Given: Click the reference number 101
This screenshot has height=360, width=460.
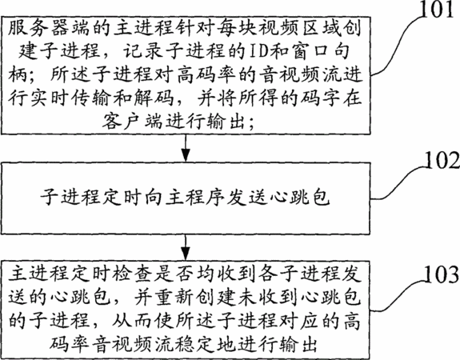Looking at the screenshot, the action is click(x=437, y=10).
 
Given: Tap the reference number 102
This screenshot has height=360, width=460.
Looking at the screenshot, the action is click(x=442, y=160).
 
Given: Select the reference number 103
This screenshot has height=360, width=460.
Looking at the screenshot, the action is click(x=442, y=274).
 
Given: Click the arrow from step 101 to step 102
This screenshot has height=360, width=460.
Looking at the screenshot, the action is click(x=186, y=148).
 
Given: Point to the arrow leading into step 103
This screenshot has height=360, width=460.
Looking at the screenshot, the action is click(x=186, y=247).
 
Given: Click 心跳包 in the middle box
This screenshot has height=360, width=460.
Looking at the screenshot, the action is click(x=299, y=197).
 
